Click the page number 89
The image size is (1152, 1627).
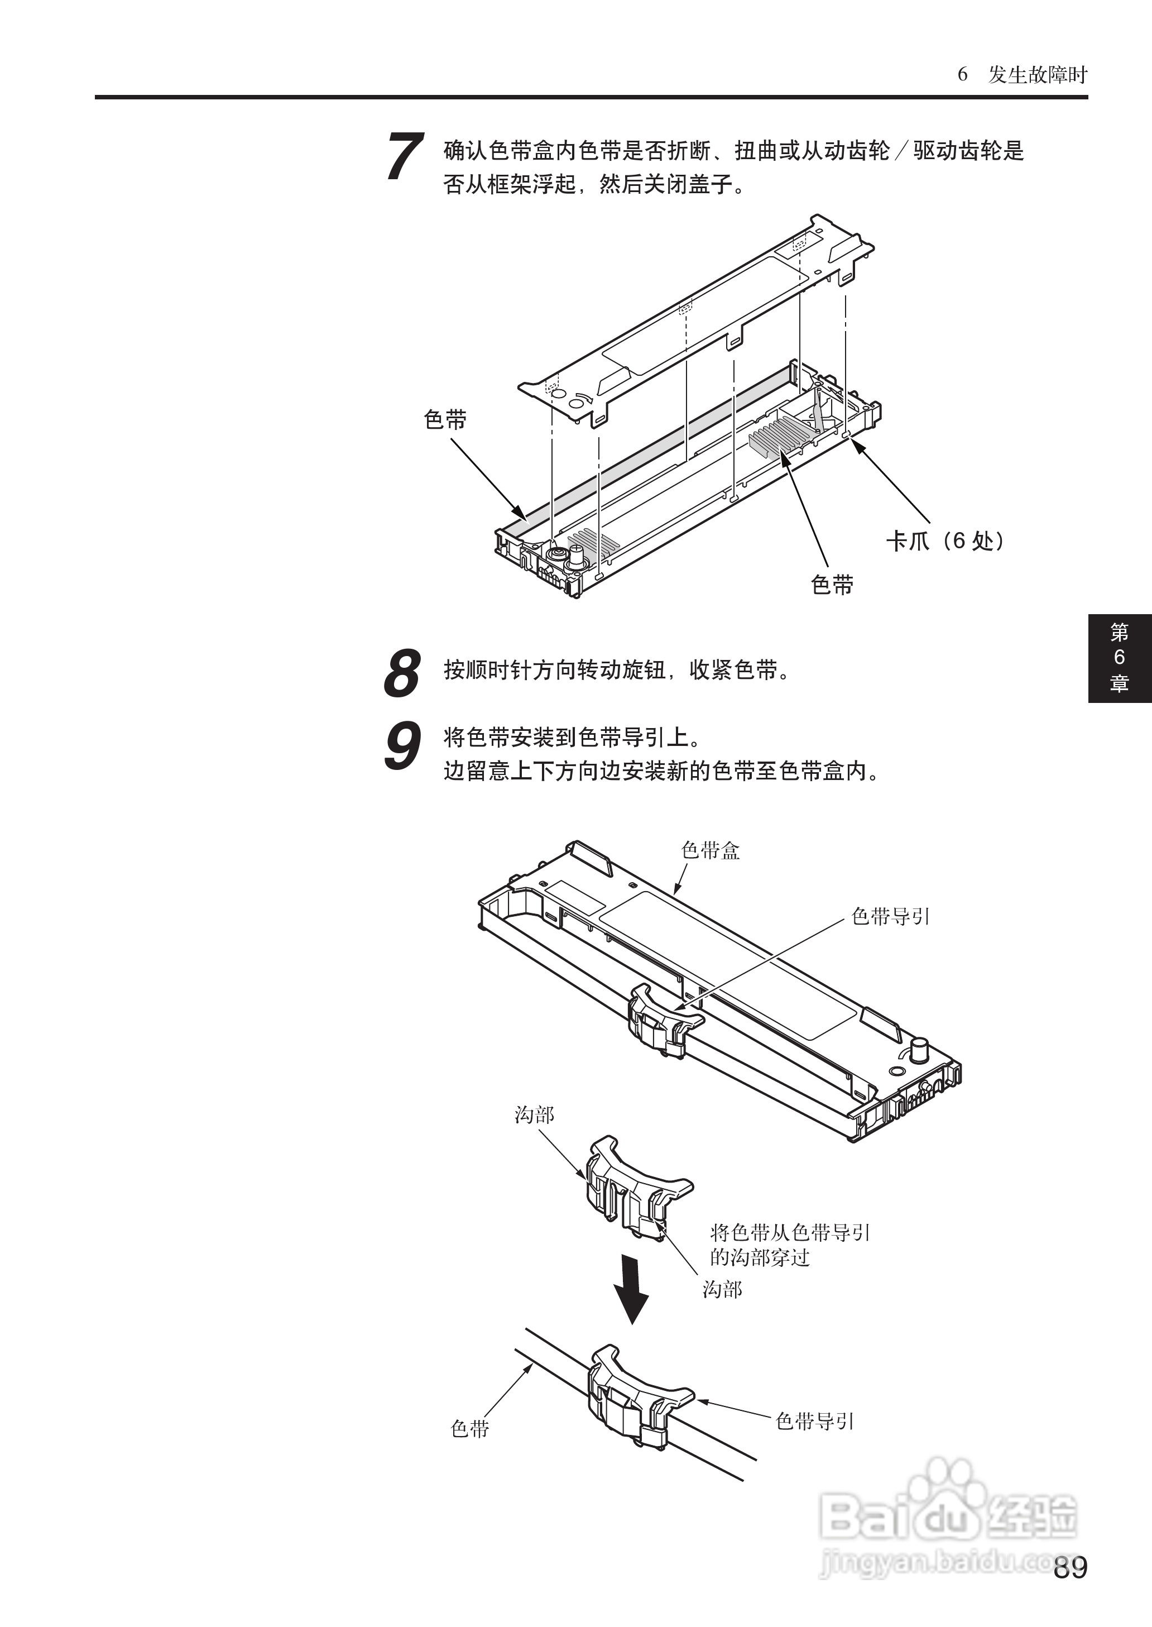[1070, 1567]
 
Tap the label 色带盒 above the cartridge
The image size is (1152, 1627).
[710, 851]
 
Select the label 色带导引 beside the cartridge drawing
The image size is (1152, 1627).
[890, 917]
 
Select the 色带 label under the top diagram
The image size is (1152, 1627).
[832, 585]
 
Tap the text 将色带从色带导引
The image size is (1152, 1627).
[790, 1232]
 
